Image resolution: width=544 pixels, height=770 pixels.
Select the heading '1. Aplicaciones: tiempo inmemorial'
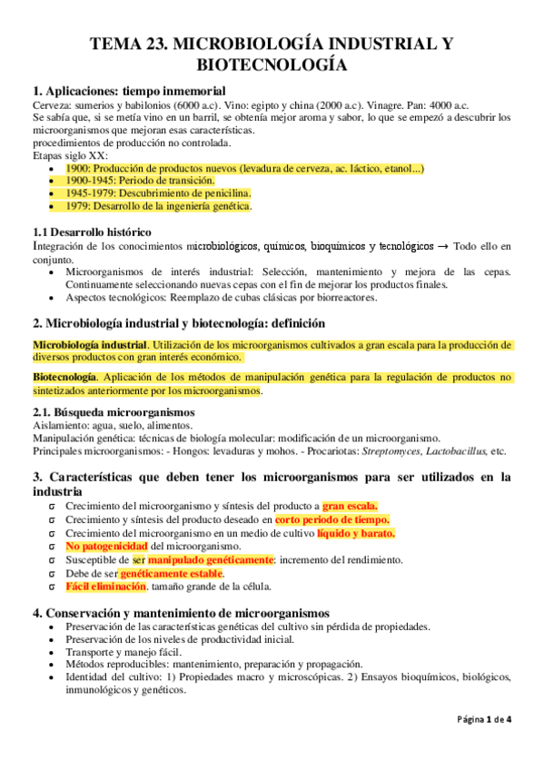[129, 91]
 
